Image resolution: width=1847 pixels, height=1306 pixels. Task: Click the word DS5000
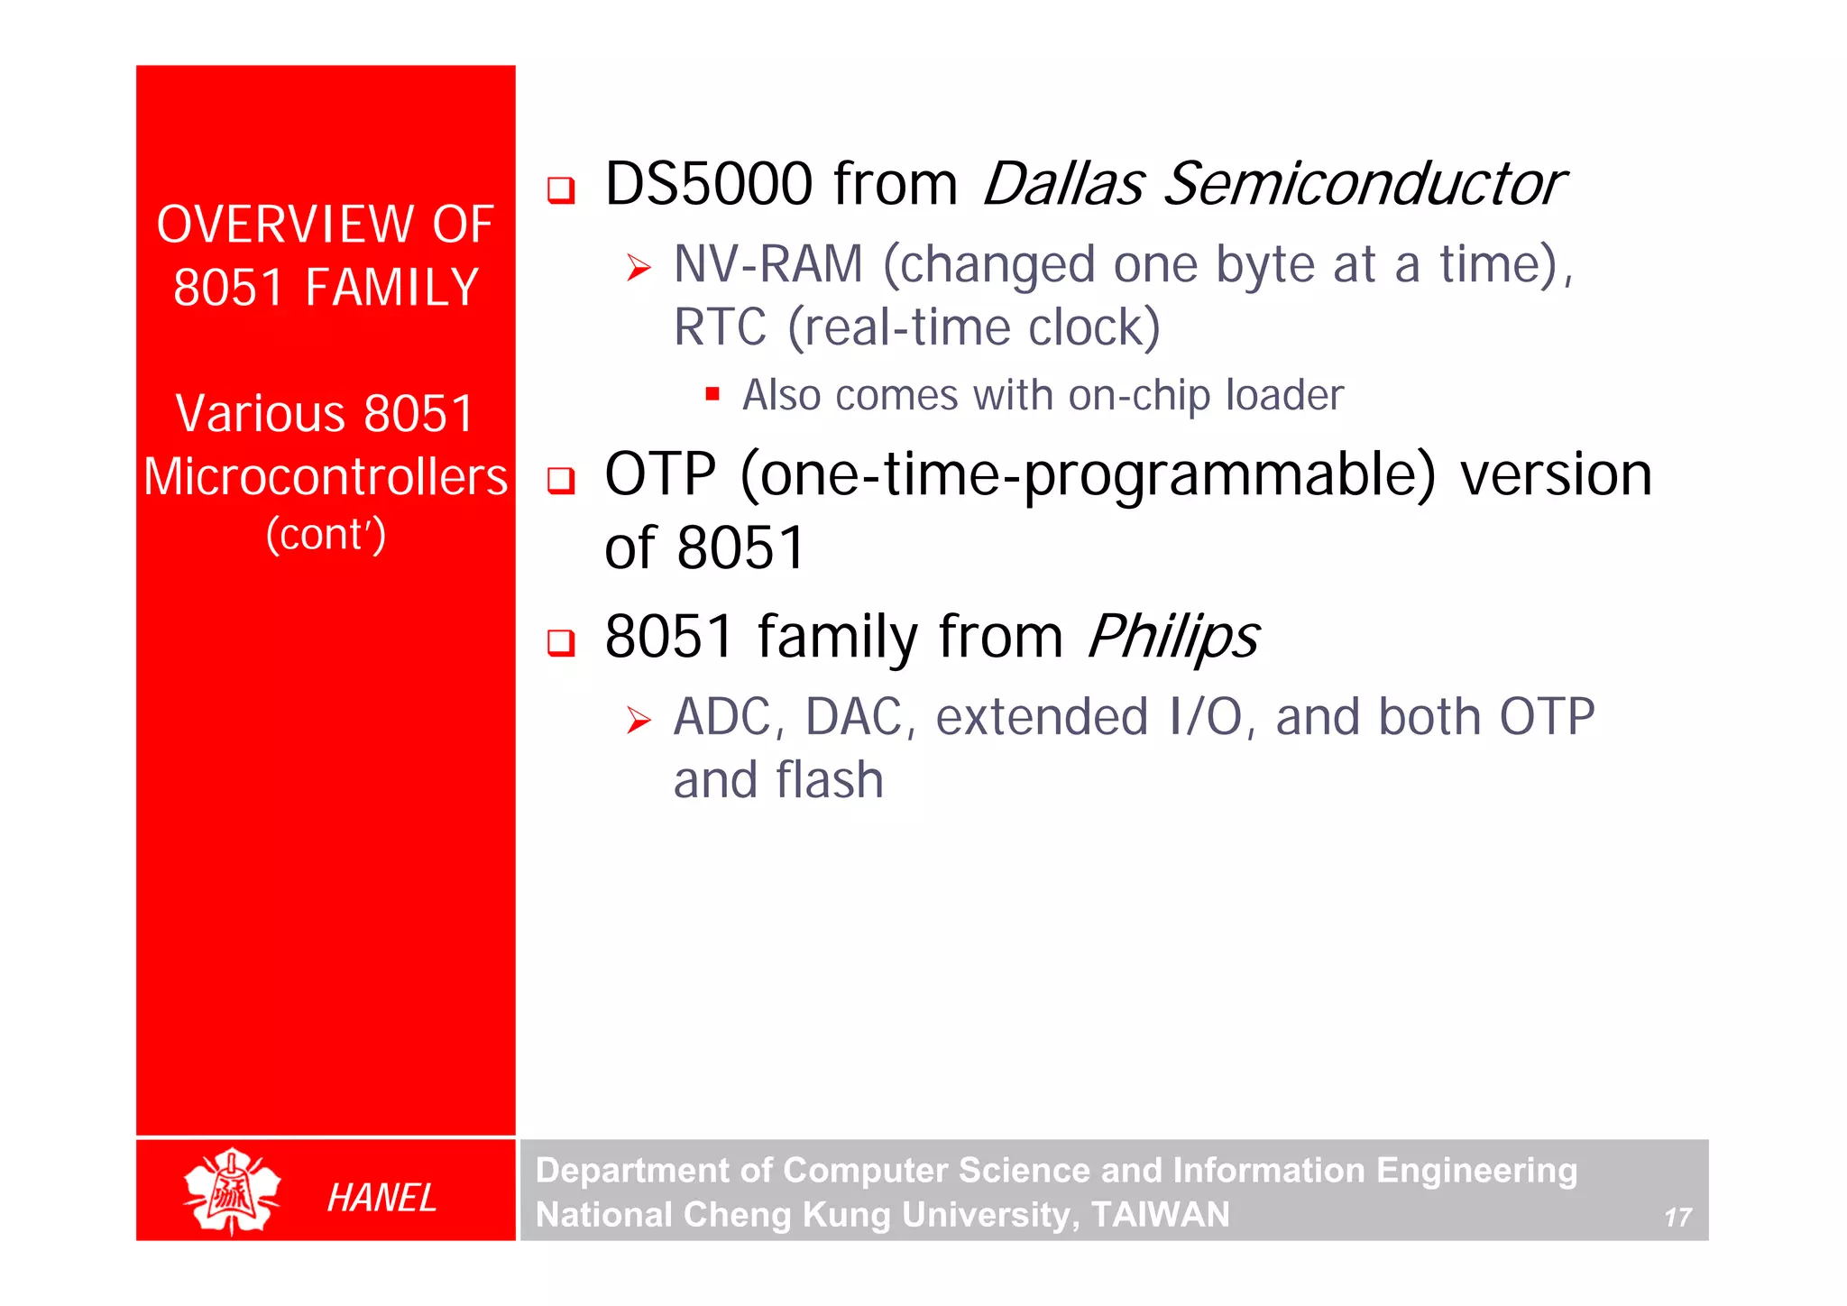click(708, 185)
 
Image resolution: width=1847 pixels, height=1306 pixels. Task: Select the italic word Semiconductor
click(1364, 185)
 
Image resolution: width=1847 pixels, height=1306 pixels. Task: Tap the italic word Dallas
click(1062, 185)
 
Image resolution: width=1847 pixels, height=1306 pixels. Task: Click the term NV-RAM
click(768, 265)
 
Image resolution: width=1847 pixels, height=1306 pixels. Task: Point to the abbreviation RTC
click(720, 327)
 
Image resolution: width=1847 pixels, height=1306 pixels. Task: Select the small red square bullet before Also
click(712, 393)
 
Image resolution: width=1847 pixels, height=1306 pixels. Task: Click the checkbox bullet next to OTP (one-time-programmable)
click(561, 480)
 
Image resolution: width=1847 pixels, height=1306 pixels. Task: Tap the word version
click(1556, 475)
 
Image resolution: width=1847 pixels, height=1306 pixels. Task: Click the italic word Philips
click(1172, 637)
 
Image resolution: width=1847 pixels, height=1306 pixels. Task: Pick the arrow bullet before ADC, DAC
click(639, 720)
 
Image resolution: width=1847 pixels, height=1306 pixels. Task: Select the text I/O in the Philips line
click(1205, 718)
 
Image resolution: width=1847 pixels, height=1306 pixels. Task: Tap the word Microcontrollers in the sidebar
click(326, 477)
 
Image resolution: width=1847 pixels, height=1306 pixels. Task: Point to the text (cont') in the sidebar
click(326, 534)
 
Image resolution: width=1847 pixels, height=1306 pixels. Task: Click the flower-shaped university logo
click(232, 1191)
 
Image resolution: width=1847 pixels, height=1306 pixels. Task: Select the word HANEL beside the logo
click(381, 1198)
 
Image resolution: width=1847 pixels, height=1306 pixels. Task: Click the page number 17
click(1677, 1218)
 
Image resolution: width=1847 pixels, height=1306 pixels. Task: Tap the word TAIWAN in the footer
click(1160, 1215)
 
